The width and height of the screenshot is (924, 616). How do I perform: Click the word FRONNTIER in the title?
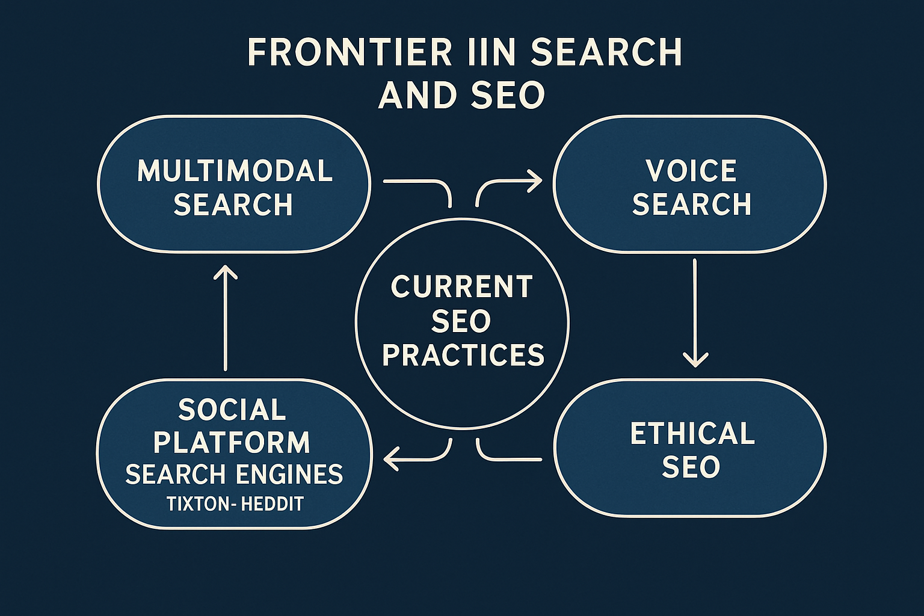pos(350,52)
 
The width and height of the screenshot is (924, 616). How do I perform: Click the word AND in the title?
pos(416,95)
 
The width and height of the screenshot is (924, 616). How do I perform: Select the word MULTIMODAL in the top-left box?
pos(235,171)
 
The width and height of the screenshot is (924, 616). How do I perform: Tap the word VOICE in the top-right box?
pos(691,171)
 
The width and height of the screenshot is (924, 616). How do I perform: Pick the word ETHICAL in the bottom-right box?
pos(692,434)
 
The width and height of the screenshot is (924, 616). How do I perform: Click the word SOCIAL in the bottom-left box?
pos(232,410)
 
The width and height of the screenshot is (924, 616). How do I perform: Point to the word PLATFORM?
pos(232,443)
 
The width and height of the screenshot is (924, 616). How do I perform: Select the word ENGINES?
pos(289,475)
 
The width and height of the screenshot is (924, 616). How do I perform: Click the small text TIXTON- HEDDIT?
pos(235,504)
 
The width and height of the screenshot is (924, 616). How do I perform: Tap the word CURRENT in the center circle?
pos(462,286)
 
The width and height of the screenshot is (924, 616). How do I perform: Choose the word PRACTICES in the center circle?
pos(463,355)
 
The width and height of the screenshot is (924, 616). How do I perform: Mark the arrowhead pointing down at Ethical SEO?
pos(695,360)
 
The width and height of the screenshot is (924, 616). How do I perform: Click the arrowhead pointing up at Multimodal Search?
pos(226,272)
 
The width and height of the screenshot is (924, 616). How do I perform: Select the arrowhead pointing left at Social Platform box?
pos(391,459)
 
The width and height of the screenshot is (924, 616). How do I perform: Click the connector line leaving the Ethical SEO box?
pos(511,459)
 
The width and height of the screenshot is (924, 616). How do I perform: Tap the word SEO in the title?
pos(507,95)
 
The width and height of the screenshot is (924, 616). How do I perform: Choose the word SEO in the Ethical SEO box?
pos(691,467)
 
